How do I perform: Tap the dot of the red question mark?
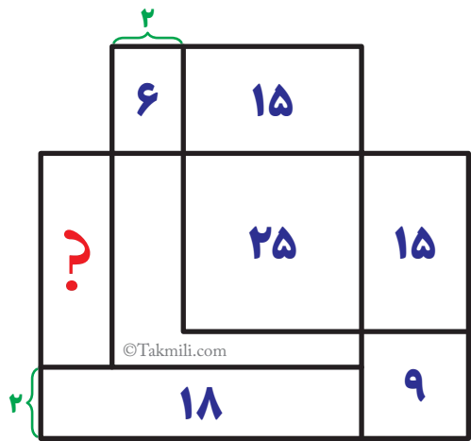(72, 284)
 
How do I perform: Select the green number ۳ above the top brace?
(147, 18)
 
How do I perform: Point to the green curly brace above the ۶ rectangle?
(147, 38)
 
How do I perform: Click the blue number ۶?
(147, 99)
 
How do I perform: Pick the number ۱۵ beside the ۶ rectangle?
(273, 100)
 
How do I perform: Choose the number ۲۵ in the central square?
(273, 243)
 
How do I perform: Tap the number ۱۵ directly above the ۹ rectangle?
(415, 243)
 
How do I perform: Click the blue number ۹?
(414, 384)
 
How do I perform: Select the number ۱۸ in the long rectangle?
(201, 403)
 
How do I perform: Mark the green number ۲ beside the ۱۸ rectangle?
(16, 402)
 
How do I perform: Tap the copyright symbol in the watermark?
(129, 350)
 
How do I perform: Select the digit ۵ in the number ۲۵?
(284, 246)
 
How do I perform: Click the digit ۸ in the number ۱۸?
(209, 403)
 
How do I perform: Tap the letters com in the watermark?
(215, 352)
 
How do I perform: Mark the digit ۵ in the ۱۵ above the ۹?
(424, 246)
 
